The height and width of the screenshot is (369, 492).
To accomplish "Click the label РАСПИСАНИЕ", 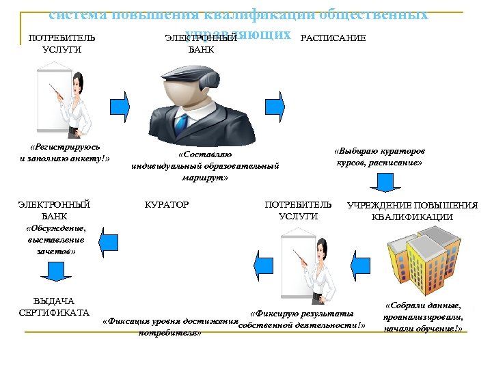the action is click(x=333, y=38).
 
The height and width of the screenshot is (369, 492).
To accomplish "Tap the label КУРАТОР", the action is click(x=167, y=204).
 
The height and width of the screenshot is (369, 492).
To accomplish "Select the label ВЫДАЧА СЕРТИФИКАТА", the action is click(x=54, y=307).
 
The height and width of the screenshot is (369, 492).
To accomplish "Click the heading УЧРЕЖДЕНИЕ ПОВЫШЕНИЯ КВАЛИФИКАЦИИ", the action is click(x=412, y=210).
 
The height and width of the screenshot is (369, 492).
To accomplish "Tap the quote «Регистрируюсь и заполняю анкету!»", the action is click(x=66, y=153).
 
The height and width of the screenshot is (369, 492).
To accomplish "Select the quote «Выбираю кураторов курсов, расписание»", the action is click(x=379, y=156).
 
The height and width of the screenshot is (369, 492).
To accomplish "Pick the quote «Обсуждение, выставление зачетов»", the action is click(x=55, y=239).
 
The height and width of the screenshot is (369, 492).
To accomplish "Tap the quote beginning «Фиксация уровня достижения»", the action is click(x=170, y=327).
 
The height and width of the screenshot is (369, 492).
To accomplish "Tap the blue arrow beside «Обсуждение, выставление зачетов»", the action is click(x=107, y=239).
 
